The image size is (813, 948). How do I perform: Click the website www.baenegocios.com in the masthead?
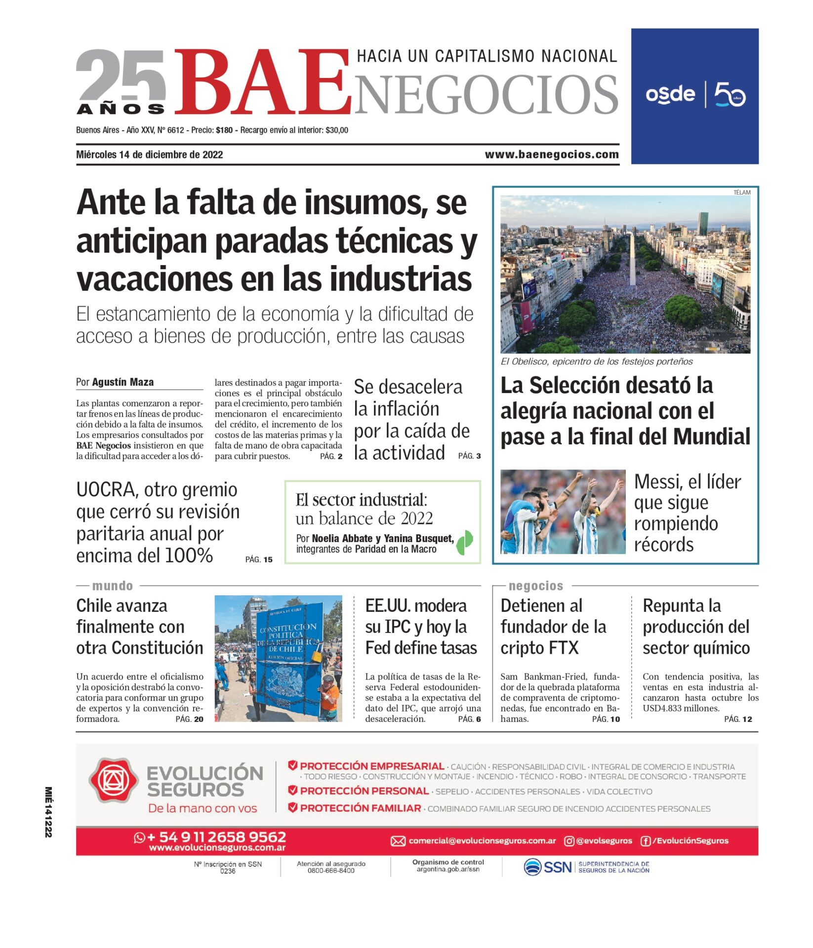(x=551, y=155)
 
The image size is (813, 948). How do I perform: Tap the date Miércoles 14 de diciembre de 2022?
(x=149, y=155)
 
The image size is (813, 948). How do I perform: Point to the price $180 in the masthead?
(x=224, y=130)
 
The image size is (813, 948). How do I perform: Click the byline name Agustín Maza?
(x=122, y=382)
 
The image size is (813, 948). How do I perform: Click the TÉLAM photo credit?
(x=741, y=193)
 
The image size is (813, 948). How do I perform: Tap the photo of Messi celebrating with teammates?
(x=563, y=512)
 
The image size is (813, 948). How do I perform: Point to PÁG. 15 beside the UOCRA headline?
(x=259, y=559)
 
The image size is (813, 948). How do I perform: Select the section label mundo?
(x=113, y=586)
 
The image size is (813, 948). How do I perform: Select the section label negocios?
(x=535, y=586)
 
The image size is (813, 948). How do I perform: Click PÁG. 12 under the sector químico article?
(x=738, y=719)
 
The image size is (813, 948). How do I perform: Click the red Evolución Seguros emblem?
(x=113, y=781)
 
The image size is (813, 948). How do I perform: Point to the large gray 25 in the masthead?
(x=121, y=75)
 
